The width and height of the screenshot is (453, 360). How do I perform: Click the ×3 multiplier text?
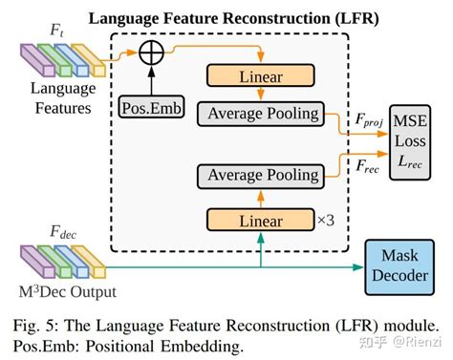pos(328,222)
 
